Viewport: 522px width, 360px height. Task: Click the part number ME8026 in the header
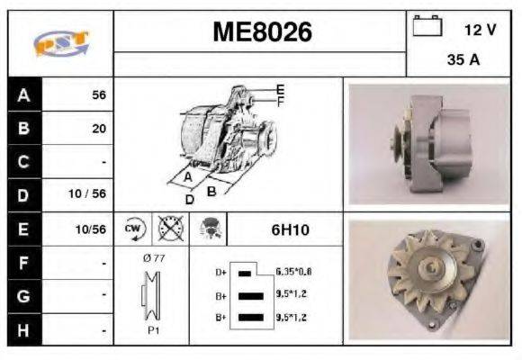pyautogui.click(x=262, y=32)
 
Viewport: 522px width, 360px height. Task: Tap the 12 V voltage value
pyautogui.click(x=480, y=29)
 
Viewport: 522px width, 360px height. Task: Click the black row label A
pyautogui.click(x=23, y=94)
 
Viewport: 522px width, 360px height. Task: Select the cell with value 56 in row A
pyautogui.click(x=99, y=94)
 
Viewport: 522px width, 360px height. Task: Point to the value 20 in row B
pyautogui.click(x=99, y=128)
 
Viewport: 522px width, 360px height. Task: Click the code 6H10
pyautogui.click(x=290, y=229)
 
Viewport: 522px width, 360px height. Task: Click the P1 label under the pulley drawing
pyautogui.click(x=153, y=329)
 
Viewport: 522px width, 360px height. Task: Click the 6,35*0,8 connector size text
pyautogui.click(x=293, y=271)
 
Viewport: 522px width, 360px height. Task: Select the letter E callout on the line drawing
pyautogui.click(x=280, y=89)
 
